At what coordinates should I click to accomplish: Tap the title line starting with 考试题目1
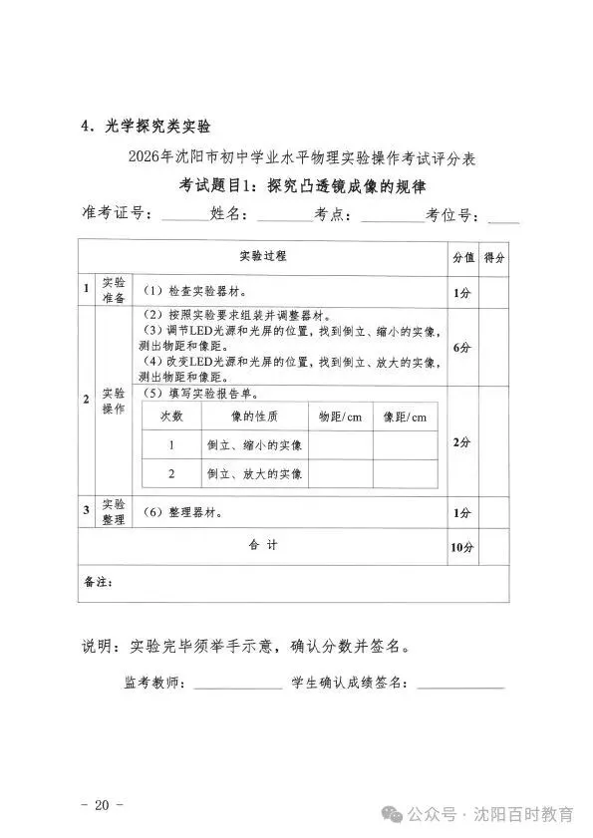295,185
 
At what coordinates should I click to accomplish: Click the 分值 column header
462,256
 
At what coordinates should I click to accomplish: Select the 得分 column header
493,256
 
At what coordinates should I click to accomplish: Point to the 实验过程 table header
263,256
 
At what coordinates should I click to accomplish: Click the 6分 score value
461,348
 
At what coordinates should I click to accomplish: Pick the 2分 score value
461,442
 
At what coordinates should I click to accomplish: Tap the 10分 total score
461,548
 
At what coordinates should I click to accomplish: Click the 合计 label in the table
263,545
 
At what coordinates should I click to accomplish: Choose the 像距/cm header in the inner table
404,417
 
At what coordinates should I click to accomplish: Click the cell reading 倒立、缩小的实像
254,444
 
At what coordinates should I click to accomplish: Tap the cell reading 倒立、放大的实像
254,473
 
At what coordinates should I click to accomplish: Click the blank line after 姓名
283,217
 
